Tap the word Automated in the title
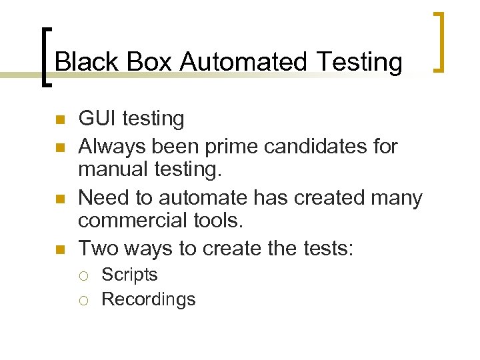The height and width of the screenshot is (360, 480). tap(243, 62)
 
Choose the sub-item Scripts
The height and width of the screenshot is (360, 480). tap(129, 275)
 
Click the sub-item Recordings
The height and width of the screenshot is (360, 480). tap(148, 300)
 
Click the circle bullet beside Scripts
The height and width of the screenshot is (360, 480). tap(83, 275)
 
